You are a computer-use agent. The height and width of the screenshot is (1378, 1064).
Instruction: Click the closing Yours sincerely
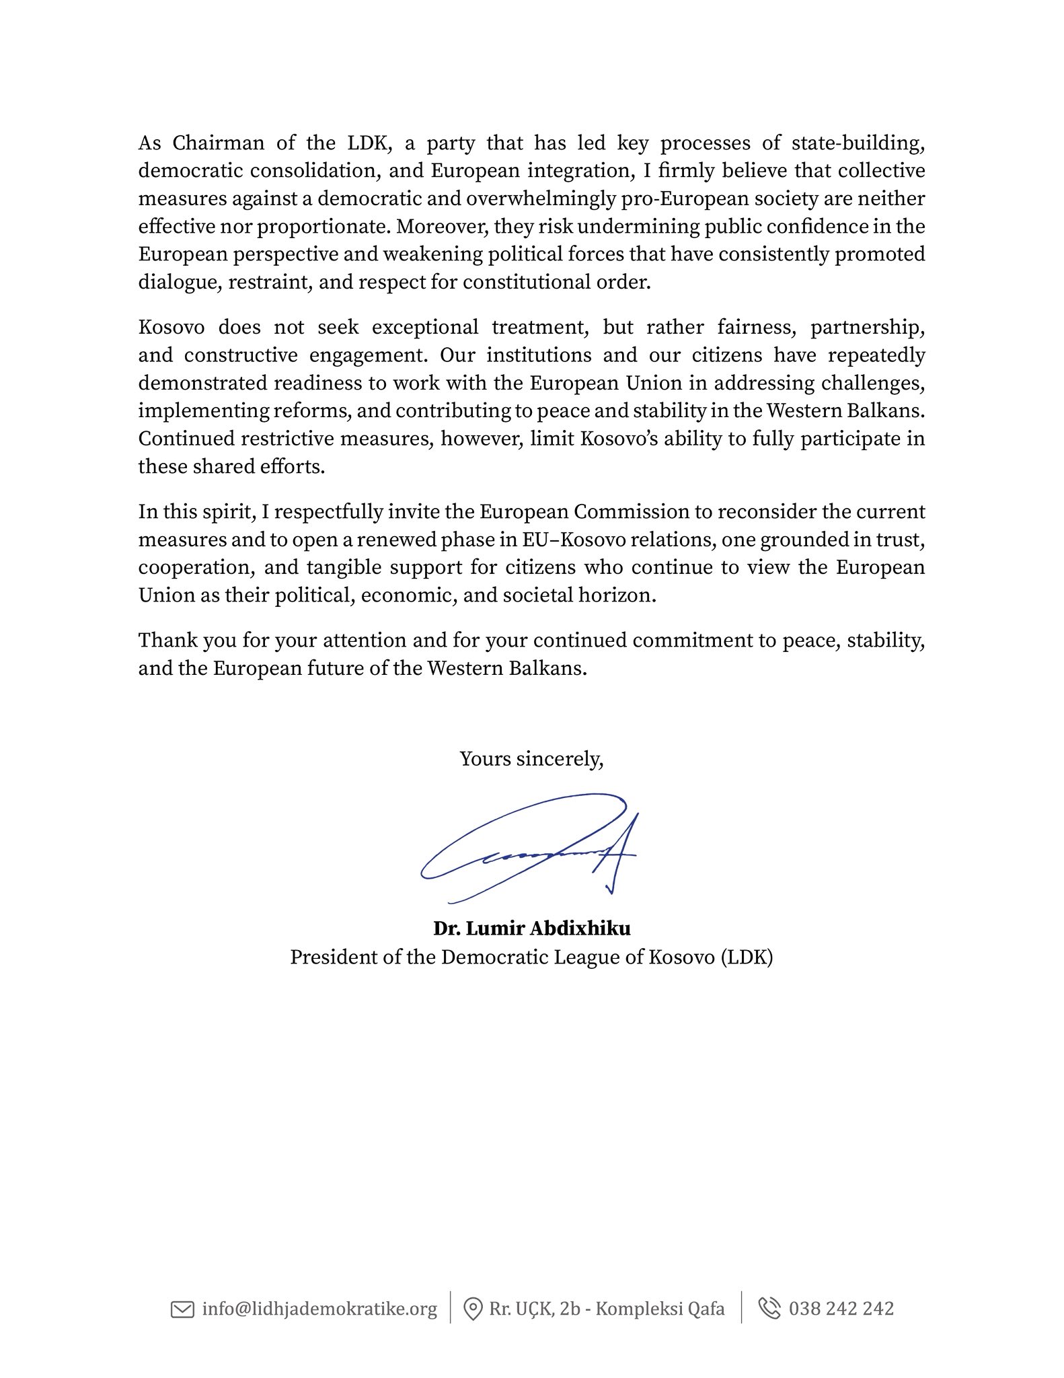pyautogui.click(x=531, y=760)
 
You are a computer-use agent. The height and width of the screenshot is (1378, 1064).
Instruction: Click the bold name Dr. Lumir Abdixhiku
pyautogui.click(x=531, y=929)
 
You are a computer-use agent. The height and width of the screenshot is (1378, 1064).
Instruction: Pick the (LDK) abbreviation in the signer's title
pyautogui.click(x=747, y=957)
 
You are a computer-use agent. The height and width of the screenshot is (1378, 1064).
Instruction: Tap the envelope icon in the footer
pyautogui.click(x=182, y=1309)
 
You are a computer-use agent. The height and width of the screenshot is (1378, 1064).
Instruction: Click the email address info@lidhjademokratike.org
pyautogui.click(x=319, y=1309)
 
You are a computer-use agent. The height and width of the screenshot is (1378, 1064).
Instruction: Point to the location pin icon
pyautogui.click(x=473, y=1309)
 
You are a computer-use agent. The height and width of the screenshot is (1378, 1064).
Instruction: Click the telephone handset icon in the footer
pyautogui.click(x=769, y=1309)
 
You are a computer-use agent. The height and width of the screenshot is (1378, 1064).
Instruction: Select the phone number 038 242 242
pyautogui.click(x=841, y=1309)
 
